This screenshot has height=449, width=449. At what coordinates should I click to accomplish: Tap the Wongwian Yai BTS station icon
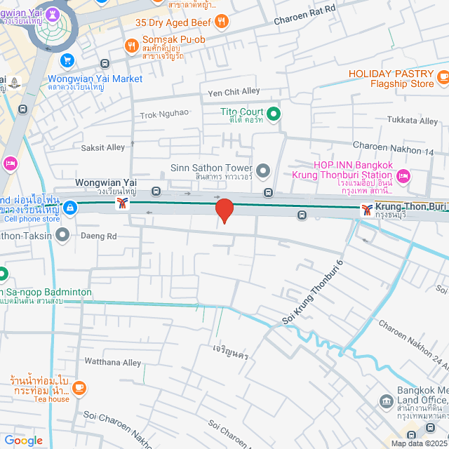point(123,204)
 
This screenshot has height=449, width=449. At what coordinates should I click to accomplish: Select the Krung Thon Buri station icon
point(366,208)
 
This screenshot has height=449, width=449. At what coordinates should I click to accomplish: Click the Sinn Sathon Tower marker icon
point(263,170)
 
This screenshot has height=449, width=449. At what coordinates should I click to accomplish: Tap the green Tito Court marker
point(273,112)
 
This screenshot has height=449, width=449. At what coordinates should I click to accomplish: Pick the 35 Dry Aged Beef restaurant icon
point(222,20)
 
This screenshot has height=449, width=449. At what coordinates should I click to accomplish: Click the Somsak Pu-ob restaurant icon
point(131,46)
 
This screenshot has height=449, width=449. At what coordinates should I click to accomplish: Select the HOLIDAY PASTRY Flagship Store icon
point(443,76)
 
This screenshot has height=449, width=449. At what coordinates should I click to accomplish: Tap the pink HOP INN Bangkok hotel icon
point(403,175)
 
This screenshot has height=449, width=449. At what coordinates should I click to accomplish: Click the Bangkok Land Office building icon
point(386,401)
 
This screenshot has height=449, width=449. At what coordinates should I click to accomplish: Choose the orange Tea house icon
point(79,387)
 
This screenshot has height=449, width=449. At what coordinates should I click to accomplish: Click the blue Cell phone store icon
point(69,207)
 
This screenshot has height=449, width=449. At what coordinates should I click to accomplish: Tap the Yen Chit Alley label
point(234,92)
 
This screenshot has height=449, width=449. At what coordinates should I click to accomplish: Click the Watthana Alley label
point(112,363)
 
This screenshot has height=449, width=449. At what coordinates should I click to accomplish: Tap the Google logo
point(23,440)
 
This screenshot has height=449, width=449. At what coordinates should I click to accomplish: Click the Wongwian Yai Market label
point(95,79)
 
